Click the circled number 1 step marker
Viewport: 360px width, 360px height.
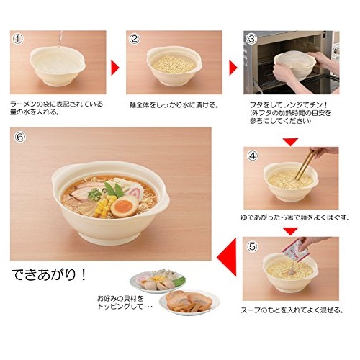point(18,39)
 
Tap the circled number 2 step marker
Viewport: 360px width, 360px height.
point(134,39)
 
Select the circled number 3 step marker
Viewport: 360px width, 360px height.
point(251,39)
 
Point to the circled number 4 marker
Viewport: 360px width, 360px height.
point(253,156)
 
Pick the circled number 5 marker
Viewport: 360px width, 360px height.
point(252,246)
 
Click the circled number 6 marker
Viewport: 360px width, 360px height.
point(20,137)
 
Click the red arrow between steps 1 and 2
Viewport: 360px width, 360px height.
point(115,68)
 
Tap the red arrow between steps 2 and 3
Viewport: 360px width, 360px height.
point(233,68)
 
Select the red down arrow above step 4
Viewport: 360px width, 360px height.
point(290,142)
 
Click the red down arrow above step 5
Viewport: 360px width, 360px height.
point(290,231)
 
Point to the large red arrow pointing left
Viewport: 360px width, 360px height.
point(227,257)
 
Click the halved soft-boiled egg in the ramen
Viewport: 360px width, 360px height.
point(125,206)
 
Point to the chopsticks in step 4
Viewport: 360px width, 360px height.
point(305,165)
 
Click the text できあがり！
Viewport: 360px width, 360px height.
point(49,275)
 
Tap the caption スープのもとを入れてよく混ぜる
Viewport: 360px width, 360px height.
point(292,310)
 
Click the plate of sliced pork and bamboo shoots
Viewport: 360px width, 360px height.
point(189,302)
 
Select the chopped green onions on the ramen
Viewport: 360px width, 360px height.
point(94,194)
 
